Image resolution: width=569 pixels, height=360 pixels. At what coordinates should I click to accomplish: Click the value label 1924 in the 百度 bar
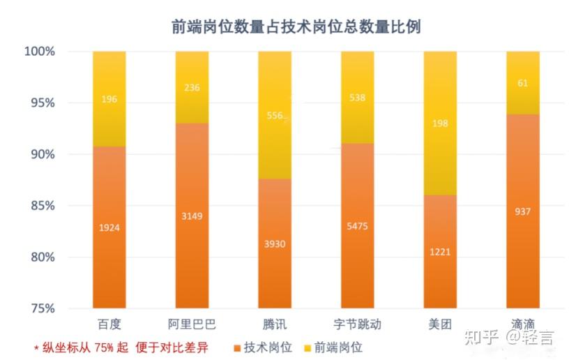(109, 228)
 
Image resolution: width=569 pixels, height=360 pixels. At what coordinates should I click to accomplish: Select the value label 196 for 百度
(109, 100)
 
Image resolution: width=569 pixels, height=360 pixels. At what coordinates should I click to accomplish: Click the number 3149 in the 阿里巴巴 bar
(192, 216)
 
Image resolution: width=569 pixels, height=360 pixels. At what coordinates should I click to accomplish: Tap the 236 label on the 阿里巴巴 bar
(192, 87)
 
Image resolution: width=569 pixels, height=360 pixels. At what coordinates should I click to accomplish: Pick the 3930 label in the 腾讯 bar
(274, 243)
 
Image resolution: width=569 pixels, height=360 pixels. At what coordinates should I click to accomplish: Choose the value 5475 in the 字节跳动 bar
(357, 226)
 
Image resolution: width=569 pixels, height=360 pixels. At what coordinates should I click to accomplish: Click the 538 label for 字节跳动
(357, 98)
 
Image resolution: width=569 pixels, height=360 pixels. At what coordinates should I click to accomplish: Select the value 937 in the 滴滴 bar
(522, 211)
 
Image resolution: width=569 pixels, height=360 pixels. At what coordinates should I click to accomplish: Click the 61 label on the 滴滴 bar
(522, 83)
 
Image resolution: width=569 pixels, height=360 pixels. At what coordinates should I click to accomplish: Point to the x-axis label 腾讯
(274, 324)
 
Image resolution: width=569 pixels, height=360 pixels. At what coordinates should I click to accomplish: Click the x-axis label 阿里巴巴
(192, 324)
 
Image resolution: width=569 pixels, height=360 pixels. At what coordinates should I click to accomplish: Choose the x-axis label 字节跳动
(357, 324)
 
